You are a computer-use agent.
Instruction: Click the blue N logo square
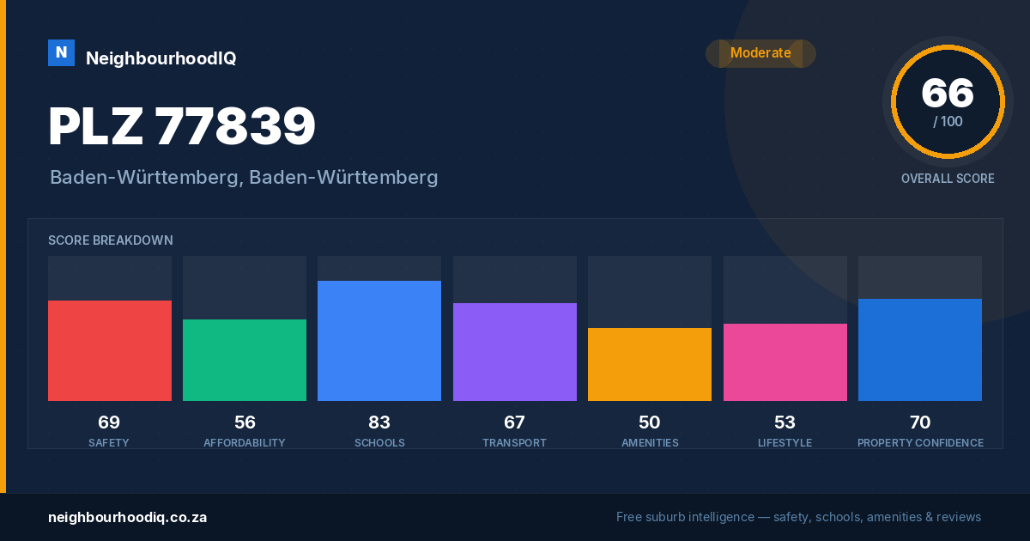(61, 53)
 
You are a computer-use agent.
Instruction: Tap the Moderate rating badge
(760, 53)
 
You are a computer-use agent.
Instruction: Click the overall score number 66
(948, 94)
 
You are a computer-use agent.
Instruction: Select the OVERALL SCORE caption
(948, 179)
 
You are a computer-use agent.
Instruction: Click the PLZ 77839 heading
(182, 126)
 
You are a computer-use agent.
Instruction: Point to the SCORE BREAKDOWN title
(111, 240)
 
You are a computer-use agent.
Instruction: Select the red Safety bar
(110, 350)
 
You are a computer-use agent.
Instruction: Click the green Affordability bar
(245, 360)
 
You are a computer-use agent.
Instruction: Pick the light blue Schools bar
(379, 341)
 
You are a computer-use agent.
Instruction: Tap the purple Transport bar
(514, 352)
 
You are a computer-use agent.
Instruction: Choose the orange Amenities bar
(650, 364)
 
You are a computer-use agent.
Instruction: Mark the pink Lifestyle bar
(785, 362)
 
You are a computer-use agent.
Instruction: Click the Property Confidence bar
(920, 350)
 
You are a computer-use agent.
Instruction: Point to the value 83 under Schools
(379, 422)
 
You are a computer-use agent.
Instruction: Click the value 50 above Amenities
(649, 422)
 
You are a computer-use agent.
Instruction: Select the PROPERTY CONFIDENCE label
(920, 442)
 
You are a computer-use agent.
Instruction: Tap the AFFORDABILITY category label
(244, 442)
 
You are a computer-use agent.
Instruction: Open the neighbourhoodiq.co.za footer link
(127, 517)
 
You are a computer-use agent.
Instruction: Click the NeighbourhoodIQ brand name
(161, 58)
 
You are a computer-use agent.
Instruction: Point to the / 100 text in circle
(948, 121)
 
